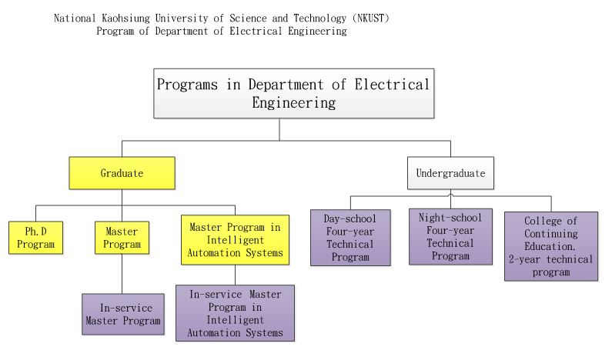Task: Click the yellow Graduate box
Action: pos(122,173)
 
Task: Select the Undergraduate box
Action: pos(450,173)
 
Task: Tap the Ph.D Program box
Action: pos(35,238)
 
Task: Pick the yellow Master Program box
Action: pos(122,238)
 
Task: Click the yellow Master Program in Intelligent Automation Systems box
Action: pos(235,240)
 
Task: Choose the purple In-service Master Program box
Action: pos(123,314)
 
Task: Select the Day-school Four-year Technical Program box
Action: pos(350,238)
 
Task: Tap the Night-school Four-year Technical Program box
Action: pos(450,236)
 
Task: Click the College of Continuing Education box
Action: pos(551,246)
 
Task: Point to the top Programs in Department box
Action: pos(293,94)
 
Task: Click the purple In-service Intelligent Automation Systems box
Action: pos(235,313)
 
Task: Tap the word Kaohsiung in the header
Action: pos(125,18)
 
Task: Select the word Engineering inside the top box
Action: pos(293,102)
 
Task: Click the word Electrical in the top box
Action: pos(392,85)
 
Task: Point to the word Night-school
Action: pos(450,218)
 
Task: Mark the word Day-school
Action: pos(349,218)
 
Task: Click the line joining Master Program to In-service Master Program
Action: pos(122,274)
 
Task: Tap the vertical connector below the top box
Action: pos(279,129)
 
